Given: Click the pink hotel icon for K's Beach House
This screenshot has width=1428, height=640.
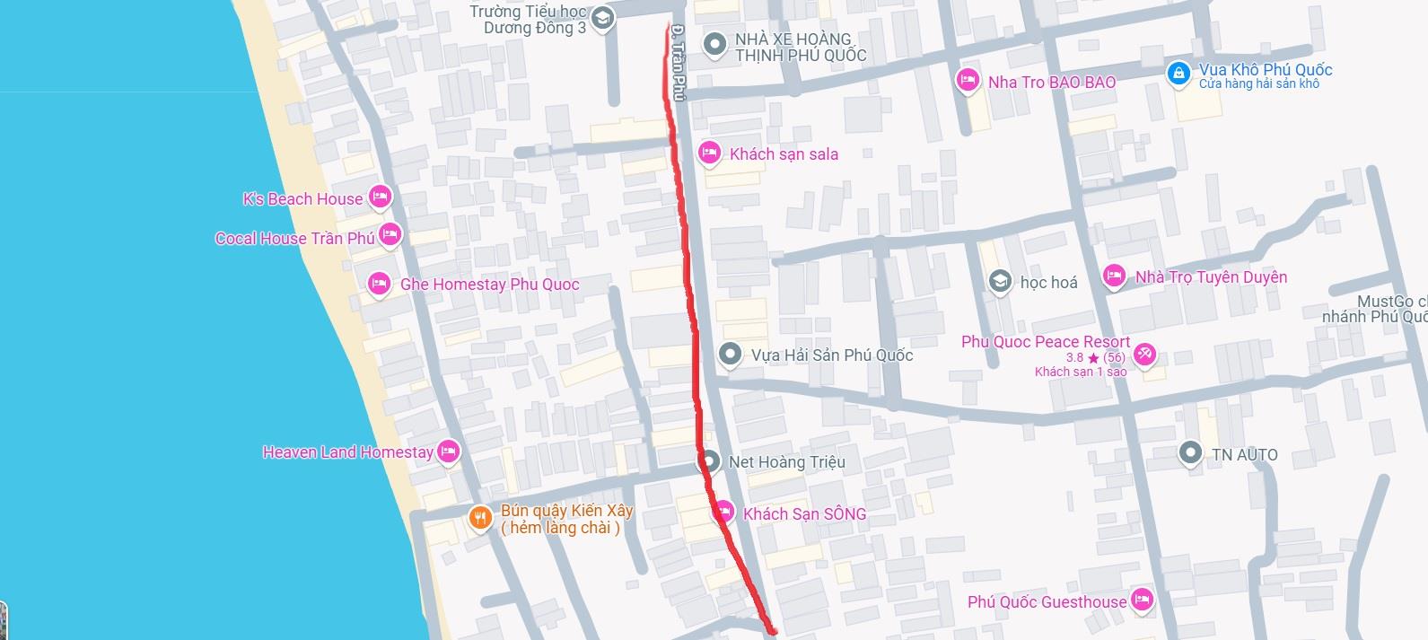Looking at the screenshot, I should [x=380, y=196].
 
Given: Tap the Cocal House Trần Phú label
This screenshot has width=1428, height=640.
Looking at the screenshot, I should [x=294, y=239].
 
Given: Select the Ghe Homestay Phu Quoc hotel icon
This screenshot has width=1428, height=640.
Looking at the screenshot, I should [x=379, y=284].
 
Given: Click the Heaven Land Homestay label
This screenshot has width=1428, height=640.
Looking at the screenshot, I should [x=347, y=452].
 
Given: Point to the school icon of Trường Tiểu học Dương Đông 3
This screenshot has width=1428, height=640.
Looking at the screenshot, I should [x=603, y=17].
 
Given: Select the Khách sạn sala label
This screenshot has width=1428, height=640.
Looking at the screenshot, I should [x=784, y=154].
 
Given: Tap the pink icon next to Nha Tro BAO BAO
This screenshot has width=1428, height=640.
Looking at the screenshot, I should [x=967, y=80].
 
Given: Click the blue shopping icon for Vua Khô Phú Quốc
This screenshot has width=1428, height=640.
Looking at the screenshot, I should [x=1178, y=73].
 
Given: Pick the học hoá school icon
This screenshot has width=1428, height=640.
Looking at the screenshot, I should [x=1000, y=281].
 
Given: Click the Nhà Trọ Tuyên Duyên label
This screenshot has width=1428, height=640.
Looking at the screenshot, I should [x=1211, y=277].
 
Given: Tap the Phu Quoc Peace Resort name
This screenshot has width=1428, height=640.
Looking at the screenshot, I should [x=1046, y=342].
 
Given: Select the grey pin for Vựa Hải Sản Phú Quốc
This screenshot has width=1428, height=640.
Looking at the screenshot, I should [x=730, y=354].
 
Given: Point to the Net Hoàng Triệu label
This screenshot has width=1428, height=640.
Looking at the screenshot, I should [x=786, y=462].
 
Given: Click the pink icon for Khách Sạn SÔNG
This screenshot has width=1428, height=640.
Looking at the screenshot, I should [x=724, y=512].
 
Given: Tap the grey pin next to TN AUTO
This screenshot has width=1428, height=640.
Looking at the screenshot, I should [x=1190, y=452].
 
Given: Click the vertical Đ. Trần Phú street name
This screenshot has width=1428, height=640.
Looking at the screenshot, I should [x=679, y=62].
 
